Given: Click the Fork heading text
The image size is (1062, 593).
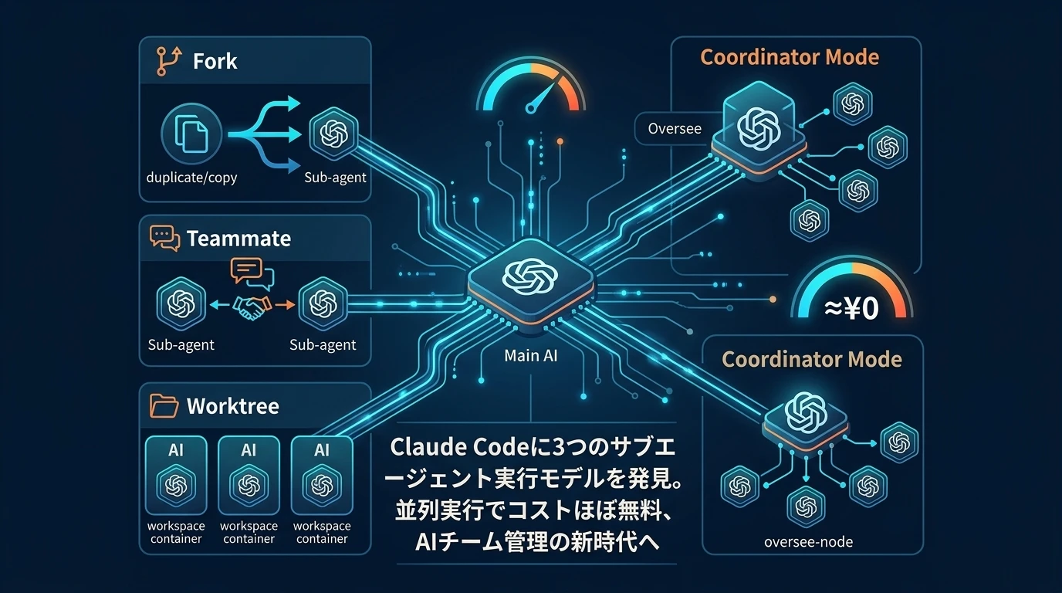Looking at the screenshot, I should (215, 61).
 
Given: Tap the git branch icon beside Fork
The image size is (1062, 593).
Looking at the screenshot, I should (167, 61).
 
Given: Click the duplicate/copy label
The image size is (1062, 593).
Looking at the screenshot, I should (191, 178).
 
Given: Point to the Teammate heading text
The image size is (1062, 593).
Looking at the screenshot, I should (238, 239).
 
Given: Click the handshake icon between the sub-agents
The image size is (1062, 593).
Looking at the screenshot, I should (252, 306).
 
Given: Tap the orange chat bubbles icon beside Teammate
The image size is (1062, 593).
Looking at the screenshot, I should (164, 239).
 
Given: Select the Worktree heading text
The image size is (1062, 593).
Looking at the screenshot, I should (232, 406).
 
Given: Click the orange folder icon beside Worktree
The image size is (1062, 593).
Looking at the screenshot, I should (164, 406).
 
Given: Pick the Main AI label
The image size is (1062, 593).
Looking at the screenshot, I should (530, 356).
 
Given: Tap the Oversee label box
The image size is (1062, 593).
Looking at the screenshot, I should (675, 128).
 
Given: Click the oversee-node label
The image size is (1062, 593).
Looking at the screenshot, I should (808, 542).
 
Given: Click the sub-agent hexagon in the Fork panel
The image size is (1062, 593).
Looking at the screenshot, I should (333, 134).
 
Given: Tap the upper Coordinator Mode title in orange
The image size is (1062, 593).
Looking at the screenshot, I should (789, 57).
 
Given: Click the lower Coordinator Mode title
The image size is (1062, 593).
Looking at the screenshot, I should (811, 359).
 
